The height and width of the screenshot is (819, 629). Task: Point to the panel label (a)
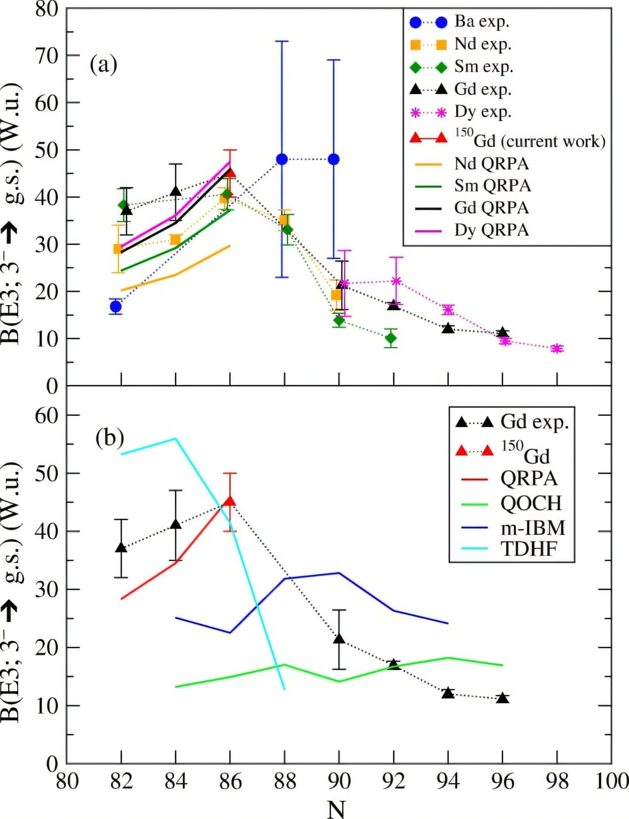[103, 64]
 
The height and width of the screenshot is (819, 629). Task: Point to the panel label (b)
[110, 437]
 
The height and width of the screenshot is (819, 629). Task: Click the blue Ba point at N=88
[282, 159]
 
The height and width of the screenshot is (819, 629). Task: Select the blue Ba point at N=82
[116, 307]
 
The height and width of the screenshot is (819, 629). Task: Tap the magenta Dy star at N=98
[557, 349]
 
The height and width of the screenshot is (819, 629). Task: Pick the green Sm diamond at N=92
[391, 338]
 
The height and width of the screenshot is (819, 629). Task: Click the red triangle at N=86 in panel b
[229, 501]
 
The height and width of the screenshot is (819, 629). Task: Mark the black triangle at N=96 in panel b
[502, 698]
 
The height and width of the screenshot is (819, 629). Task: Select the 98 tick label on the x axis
[557, 781]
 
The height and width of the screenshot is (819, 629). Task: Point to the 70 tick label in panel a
[47, 55]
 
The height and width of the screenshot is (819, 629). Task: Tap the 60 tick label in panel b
[47, 415]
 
